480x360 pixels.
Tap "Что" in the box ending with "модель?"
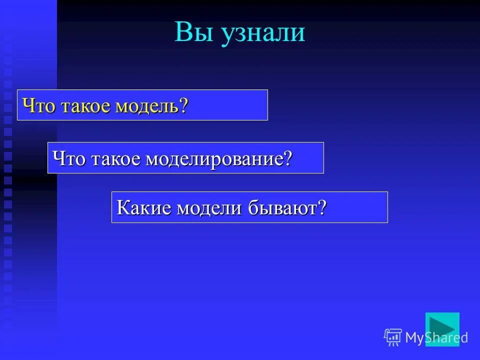coord(39,106)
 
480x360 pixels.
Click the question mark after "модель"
coord(184,106)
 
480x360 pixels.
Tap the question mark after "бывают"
coord(322,207)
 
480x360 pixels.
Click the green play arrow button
coord(442,329)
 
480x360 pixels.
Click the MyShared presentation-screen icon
coord(393,337)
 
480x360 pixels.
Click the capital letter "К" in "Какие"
coord(122,207)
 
